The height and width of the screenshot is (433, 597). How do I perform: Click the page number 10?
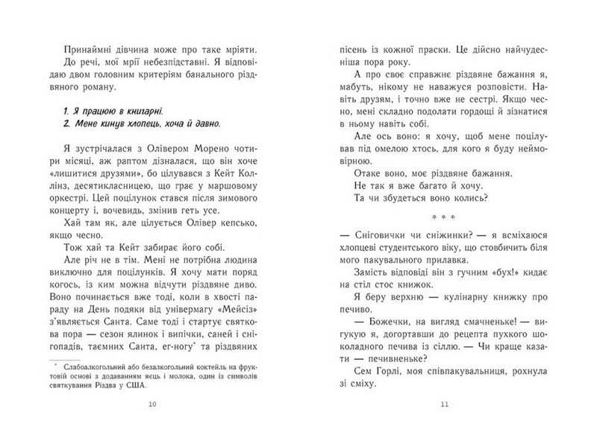(x=153, y=405)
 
